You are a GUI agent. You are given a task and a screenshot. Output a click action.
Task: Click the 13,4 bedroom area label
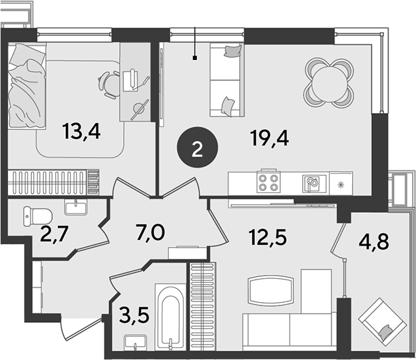[x=81, y=132]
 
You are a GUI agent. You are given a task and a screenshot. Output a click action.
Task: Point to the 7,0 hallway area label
[x=150, y=232]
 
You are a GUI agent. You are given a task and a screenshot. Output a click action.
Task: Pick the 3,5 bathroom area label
[x=134, y=315]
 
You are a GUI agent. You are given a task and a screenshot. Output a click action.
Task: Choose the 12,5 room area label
[x=268, y=237]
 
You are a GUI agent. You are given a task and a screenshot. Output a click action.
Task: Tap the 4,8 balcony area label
[x=374, y=241]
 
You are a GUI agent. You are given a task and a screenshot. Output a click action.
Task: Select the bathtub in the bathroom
[x=170, y=317]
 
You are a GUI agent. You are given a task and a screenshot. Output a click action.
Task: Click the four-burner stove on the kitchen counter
[x=268, y=182]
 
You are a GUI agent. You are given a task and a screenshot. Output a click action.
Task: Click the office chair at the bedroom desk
[x=110, y=84]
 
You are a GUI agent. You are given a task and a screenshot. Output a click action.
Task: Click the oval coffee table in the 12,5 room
[x=271, y=290]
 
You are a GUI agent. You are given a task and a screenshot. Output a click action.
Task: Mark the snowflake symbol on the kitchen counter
[x=341, y=184]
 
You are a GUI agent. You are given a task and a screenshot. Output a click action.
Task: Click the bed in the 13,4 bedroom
[x=27, y=86]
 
